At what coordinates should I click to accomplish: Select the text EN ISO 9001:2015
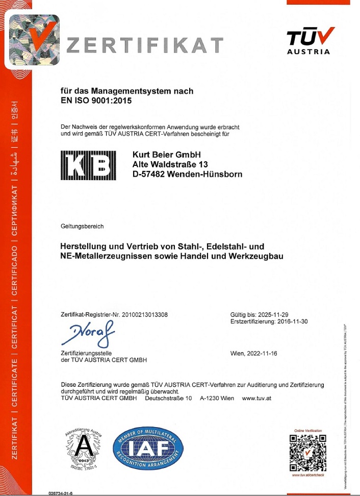(x=96, y=101)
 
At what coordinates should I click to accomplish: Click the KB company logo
(x=88, y=165)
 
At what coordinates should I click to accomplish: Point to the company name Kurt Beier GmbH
(x=167, y=155)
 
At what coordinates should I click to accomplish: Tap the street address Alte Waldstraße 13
(x=170, y=164)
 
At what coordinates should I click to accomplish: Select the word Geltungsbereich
(x=82, y=226)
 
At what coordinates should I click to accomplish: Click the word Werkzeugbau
(x=257, y=256)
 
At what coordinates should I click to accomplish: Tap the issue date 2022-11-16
(x=262, y=353)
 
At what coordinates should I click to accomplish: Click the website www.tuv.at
(x=256, y=398)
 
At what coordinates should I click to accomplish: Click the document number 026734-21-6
(x=60, y=493)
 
